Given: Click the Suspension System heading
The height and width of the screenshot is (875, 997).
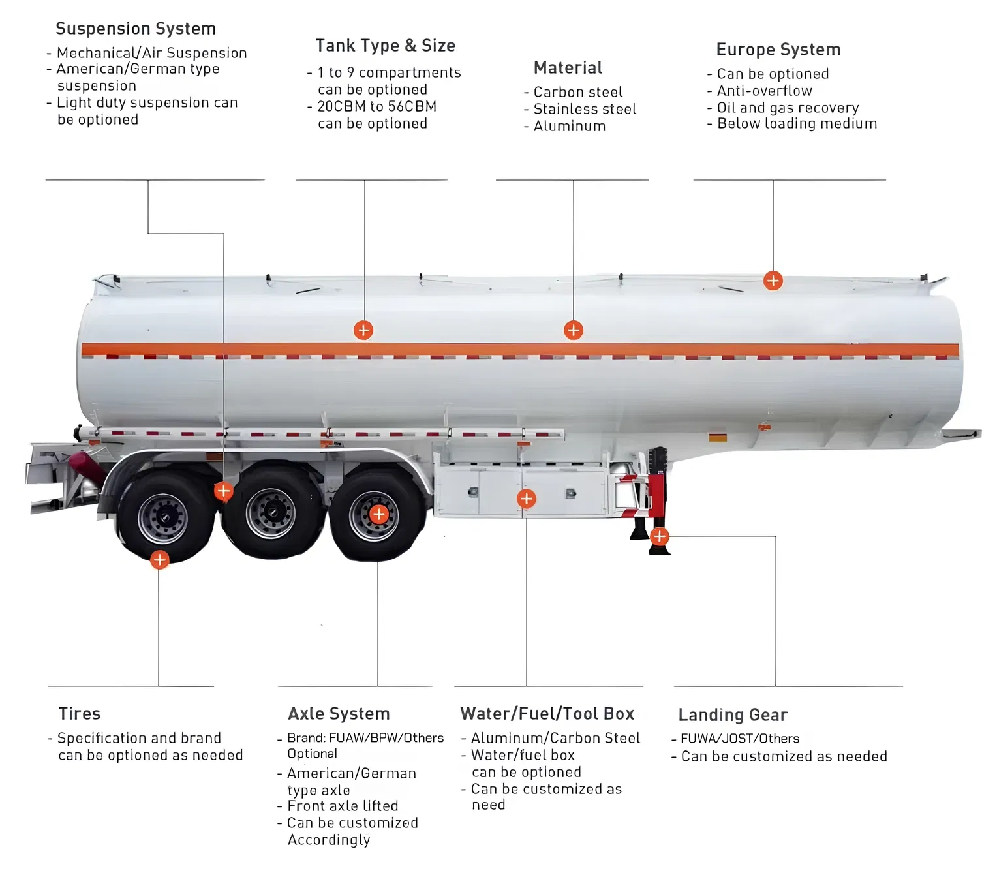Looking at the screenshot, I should pos(136,29).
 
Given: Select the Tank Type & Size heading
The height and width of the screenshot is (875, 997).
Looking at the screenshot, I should pos(385,46).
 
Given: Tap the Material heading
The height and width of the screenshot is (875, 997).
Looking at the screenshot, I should pos(568,68).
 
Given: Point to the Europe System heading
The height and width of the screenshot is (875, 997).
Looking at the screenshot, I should pos(778,50).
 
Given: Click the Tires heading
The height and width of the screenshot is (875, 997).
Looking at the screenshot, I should pos(80,714).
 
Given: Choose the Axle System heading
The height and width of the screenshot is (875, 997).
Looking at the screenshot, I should pos(339,714).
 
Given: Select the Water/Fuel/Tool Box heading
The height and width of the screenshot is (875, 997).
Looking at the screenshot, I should pos(547,714).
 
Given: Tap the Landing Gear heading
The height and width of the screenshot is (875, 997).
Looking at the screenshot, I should pos(733,715).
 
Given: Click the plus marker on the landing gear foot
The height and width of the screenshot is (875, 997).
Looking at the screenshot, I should pos(660,536).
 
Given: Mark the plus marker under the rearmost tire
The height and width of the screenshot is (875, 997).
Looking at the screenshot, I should pos(159,560).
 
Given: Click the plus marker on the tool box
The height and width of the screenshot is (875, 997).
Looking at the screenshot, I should pos(527,499).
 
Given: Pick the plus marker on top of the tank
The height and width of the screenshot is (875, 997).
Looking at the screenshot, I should pos(773,281).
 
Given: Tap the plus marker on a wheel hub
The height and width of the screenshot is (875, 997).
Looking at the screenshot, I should pos(378,514).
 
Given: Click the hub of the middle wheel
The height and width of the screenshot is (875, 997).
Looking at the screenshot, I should pos(270,514).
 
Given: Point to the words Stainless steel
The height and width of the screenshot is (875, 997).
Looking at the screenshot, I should pos(585,110).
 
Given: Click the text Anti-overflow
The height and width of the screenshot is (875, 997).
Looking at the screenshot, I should pos(764,91).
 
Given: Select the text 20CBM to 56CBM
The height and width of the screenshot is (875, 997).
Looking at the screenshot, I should pos(376,107).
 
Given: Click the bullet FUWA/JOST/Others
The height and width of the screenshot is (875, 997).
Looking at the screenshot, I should pos(739,739).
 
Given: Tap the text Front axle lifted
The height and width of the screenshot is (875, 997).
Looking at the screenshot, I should pos(343,806).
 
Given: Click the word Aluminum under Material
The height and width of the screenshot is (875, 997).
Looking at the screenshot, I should pos(569,127).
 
